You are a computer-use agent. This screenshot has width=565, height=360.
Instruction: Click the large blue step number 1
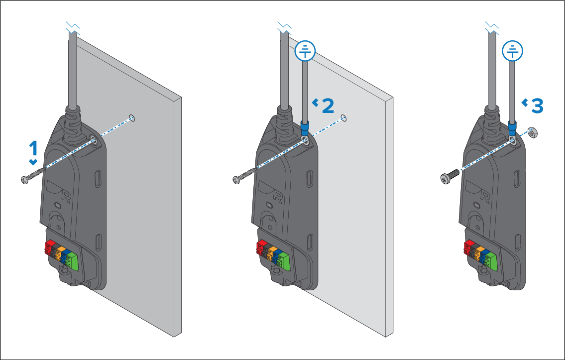point(33,148)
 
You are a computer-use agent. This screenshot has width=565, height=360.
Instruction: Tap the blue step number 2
point(328,106)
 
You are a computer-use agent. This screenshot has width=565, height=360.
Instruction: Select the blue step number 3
point(537,106)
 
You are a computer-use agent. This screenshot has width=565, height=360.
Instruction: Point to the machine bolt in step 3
point(450,176)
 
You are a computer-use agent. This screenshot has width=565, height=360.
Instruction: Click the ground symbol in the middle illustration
point(305,51)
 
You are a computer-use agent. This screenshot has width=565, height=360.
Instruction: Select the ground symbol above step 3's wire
point(512,51)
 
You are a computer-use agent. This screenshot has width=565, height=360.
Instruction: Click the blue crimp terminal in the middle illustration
point(305,128)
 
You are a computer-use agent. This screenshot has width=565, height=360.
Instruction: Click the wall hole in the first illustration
point(132,118)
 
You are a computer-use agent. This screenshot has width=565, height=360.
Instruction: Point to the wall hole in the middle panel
point(344,118)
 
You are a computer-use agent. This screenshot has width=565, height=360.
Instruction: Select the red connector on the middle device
point(259,247)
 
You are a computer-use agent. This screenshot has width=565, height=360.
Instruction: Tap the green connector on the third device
point(491,261)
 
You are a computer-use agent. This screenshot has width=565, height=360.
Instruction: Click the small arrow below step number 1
point(33,162)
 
